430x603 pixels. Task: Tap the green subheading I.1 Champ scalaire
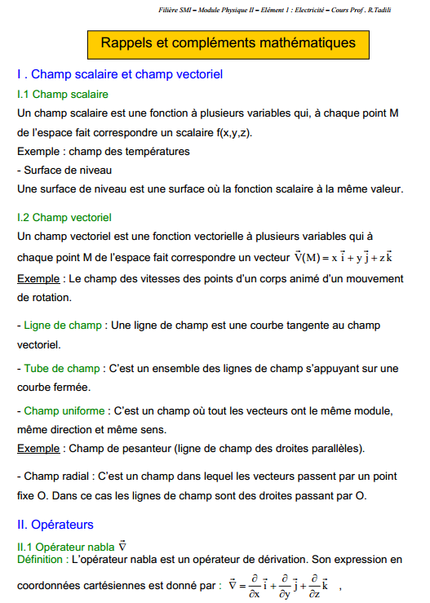click(63, 95)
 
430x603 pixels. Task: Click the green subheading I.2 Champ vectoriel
click(64, 218)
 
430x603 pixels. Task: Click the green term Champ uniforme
click(65, 410)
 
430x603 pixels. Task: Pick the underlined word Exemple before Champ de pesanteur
click(38, 448)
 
